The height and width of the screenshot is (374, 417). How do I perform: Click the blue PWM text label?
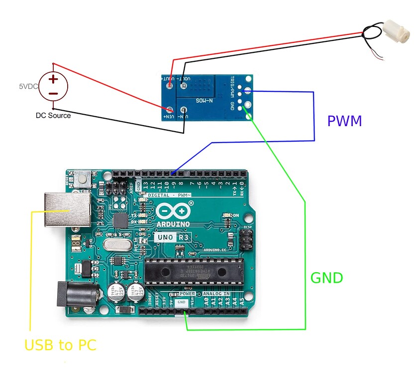click(344, 120)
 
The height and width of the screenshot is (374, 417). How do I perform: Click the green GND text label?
click(327, 278)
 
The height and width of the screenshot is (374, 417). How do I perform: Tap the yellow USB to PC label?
click(60, 345)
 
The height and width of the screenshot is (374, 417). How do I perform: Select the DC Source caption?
click(53, 115)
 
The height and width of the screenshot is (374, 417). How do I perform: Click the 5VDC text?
click(28, 86)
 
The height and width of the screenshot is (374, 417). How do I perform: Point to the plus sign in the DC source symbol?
click(53, 79)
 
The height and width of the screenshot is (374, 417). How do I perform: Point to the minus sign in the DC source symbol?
click(53, 93)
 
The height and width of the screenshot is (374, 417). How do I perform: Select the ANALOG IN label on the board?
click(216, 294)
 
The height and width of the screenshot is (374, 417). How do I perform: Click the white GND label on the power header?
click(182, 302)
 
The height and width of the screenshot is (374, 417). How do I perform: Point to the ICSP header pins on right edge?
click(245, 240)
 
